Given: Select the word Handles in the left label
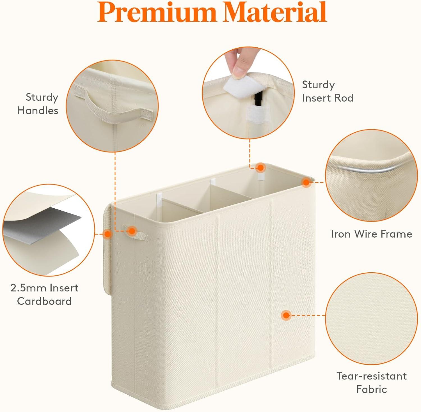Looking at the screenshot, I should (x=38, y=111).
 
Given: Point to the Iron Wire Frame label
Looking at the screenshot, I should (x=372, y=234).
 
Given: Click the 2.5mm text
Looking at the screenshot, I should (x=25, y=288).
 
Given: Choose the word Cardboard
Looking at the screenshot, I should (x=44, y=301).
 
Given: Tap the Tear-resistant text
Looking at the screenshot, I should (x=372, y=376).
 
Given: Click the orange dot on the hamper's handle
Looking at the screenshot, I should (x=131, y=231).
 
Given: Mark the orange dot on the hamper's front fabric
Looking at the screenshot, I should (x=286, y=315).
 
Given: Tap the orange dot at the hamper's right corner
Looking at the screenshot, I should (x=306, y=183).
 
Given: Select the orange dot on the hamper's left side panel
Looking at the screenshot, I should (x=107, y=234).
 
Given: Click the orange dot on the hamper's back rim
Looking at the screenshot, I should (x=261, y=168).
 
